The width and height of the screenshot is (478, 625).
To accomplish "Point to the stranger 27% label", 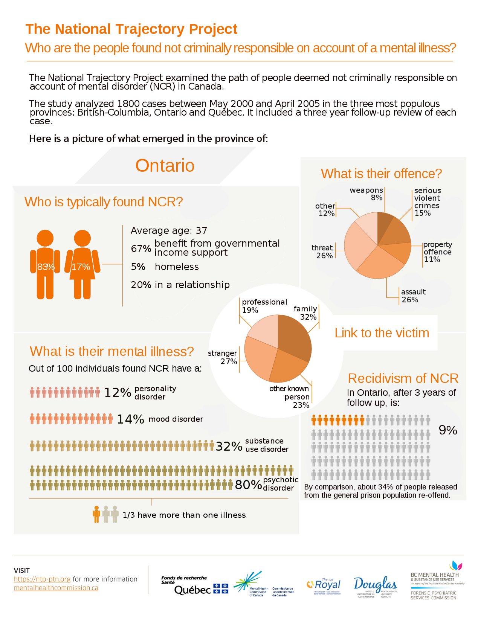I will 223,357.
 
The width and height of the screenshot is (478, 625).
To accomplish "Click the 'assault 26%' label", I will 413,296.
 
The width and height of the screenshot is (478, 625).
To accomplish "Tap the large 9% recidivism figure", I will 448,430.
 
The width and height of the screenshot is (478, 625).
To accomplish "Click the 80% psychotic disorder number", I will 248,485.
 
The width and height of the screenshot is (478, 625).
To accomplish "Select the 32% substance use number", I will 229,446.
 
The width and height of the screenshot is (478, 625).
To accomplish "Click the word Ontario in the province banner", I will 165,166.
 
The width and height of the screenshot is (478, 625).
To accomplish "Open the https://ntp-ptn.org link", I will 42,579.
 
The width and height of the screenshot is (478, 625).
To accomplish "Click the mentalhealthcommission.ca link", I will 56,588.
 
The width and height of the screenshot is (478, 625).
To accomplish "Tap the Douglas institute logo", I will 375,585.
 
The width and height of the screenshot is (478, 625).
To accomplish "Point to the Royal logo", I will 325,585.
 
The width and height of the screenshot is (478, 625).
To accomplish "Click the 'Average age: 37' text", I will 169,230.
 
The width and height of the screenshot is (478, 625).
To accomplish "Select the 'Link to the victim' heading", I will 382,333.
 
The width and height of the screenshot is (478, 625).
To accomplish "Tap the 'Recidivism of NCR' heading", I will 403,378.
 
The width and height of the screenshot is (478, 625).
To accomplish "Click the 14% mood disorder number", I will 130,419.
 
